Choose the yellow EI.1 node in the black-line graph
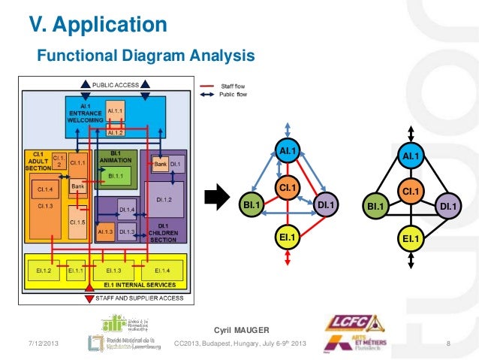tap(410, 238)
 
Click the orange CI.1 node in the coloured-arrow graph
tap(286, 186)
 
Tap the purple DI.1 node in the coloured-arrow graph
tap(326, 203)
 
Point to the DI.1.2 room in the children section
tap(164, 198)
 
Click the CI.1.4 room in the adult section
tap(44, 190)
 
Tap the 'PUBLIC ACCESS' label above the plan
tap(115, 85)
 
